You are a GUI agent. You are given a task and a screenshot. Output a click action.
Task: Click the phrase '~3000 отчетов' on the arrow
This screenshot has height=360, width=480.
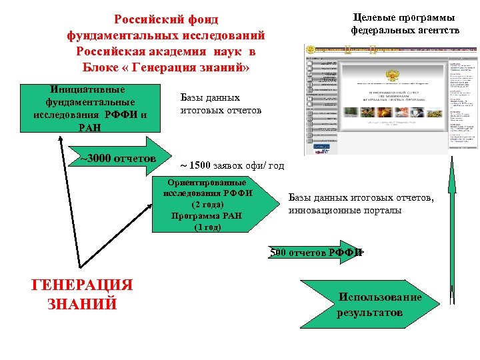(118, 159)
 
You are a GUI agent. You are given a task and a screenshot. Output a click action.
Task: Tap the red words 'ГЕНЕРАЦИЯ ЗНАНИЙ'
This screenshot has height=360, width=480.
(82, 294)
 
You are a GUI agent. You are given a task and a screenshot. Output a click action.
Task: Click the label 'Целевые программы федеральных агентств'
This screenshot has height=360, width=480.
(405, 24)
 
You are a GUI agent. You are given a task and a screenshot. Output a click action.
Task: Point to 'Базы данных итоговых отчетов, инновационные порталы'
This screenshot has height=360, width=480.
(361, 204)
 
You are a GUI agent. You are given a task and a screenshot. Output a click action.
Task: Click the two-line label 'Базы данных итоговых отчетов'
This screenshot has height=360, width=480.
(221, 103)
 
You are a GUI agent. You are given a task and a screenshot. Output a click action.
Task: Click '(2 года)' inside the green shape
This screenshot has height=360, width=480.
(208, 205)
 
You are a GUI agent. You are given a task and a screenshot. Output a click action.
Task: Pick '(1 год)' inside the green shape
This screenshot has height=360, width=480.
(208, 227)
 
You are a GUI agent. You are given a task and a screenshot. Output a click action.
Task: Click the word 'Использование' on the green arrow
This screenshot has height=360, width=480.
(380, 297)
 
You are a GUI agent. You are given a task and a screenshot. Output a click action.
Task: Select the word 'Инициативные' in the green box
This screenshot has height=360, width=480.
(87, 89)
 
